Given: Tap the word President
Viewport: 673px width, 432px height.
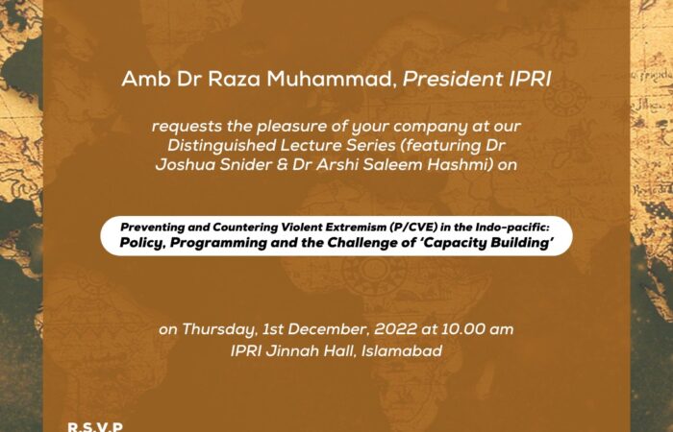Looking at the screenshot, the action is (x=453, y=80).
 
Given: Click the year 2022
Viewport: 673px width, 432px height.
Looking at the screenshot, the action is (x=395, y=329).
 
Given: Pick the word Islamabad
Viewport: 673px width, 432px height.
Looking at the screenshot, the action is (x=402, y=351).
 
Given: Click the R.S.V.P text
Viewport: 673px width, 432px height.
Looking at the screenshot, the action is (x=95, y=426).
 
